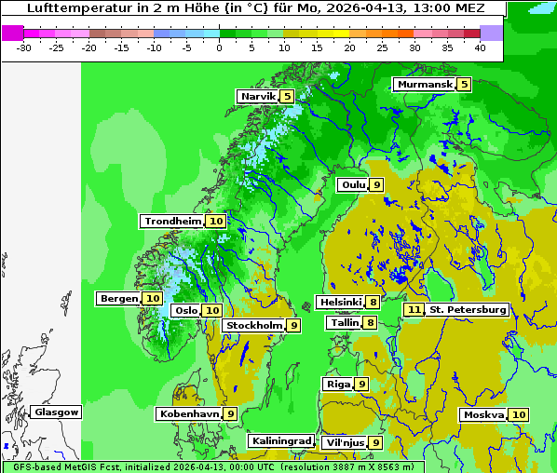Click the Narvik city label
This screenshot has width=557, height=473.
click(x=257, y=96)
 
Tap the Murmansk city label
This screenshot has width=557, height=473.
click(x=424, y=85)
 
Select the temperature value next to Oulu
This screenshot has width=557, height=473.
click(x=376, y=184)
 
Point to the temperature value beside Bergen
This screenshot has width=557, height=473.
click(x=153, y=299)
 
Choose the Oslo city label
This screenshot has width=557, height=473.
click(x=186, y=310)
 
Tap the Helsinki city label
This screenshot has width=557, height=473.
click(x=340, y=302)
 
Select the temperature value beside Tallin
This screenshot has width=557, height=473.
click(x=371, y=322)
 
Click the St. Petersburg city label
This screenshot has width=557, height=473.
click(x=468, y=309)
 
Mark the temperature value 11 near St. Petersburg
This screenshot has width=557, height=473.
click(x=414, y=309)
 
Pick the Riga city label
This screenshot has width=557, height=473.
click(x=337, y=384)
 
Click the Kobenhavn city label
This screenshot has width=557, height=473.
click(x=189, y=413)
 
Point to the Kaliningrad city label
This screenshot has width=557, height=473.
click(x=280, y=440)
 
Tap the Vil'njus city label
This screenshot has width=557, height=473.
click(x=345, y=442)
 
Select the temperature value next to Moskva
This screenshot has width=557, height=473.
click(x=519, y=414)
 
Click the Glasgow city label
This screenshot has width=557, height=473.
click(x=57, y=412)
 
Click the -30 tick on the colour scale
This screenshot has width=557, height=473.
click(x=24, y=47)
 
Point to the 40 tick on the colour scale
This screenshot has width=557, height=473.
click(x=480, y=47)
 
